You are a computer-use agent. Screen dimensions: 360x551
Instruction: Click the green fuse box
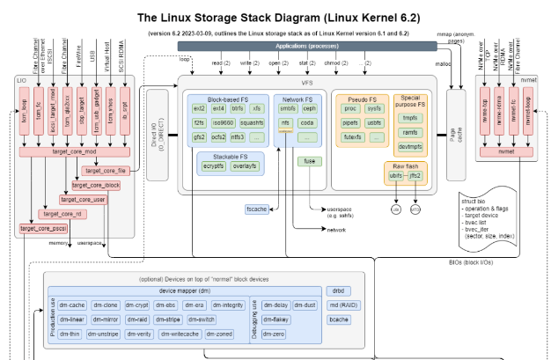[311, 161]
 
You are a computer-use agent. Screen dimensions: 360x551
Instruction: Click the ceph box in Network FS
[309, 108]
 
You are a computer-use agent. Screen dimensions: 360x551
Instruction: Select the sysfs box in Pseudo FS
[374, 108]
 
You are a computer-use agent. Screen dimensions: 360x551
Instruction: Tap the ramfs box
[410, 131]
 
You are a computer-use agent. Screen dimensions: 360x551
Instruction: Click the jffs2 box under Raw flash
[415, 176]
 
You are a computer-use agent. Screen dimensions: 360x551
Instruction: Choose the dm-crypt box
[136, 305]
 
